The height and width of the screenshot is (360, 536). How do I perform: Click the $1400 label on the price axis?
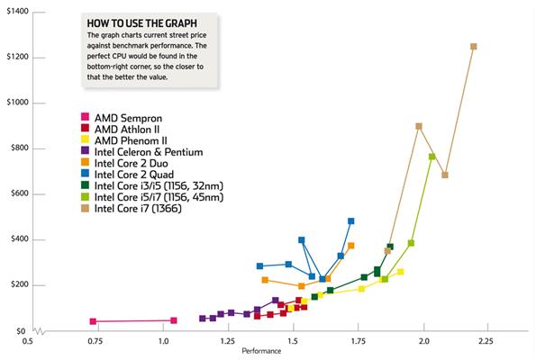[x=17, y=12]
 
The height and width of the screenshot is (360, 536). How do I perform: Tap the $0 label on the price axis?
[x=21, y=331]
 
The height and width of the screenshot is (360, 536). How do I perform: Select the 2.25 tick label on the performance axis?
[x=486, y=341]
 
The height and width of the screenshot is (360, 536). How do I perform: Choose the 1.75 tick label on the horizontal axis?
[x=359, y=341]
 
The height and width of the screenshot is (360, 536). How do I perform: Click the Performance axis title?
[x=261, y=351]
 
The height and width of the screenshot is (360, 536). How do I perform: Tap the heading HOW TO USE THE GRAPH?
[x=141, y=23]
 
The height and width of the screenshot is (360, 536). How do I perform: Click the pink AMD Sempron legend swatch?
[x=85, y=117]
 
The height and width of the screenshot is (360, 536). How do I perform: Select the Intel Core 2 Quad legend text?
[x=134, y=175]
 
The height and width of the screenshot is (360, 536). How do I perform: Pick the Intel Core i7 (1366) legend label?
[x=138, y=208]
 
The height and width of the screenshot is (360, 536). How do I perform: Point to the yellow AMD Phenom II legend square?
[x=85, y=139]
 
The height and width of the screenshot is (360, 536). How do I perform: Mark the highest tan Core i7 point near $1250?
[x=474, y=47]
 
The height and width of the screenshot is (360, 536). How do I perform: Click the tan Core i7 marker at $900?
[x=419, y=126]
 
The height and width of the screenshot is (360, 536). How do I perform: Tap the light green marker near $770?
[x=432, y=157]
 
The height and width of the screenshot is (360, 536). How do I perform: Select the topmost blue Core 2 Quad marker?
[x=350, y=221]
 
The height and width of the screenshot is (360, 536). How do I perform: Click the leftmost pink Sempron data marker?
[x=93, y=321]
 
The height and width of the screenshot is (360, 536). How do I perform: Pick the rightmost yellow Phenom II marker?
[x=400, y=272]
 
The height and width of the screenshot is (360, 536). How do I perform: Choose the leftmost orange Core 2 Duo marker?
[x=265, y=280]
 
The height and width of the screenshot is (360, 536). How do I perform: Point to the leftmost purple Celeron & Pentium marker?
[x=203, y=319]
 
